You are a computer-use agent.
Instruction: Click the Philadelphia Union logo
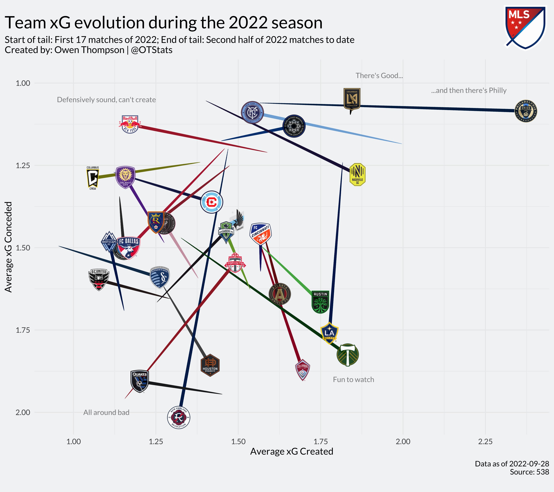[x=526, y=111]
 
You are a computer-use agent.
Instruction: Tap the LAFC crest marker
[x=352, y=99]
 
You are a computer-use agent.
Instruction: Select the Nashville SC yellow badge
[x=357, y=174]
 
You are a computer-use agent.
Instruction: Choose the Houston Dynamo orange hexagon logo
[x=210, y=365]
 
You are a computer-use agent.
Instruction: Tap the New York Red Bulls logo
[x=130, y=124]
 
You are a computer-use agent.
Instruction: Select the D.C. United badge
[x=99, y=279]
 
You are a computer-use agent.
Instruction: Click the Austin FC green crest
[x=320, y=302]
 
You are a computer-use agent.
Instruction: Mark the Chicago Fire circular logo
[x=212, y=202]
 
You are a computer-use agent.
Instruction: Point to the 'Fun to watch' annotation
[x=353, y=380]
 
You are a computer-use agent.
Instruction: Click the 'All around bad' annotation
[x=106, y=412]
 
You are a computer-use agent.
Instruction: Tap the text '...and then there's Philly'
[x=469, y=91]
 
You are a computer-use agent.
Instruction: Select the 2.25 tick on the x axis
[x=485, y=442]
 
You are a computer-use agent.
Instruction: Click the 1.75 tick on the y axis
[x=23, y=330]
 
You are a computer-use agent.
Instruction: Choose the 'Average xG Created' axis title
[x=292, y=452]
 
